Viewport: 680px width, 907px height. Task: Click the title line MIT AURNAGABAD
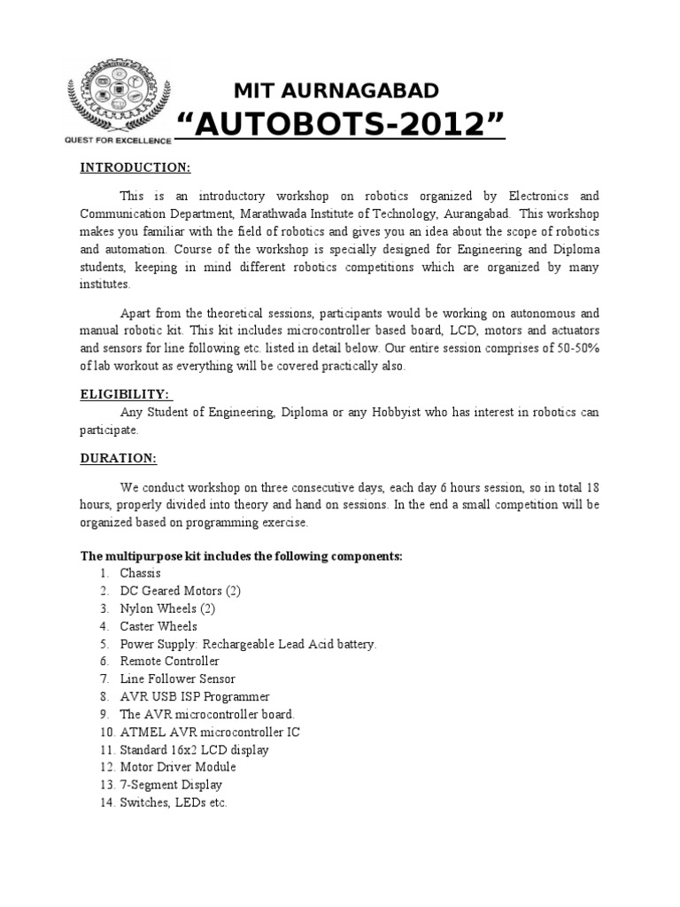point(335,89)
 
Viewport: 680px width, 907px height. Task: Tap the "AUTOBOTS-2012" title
point(342,127)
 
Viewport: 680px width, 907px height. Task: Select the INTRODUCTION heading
point(135,167)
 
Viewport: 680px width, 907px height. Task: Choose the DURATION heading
point(119,458)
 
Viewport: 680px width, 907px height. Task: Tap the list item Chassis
point(141,574)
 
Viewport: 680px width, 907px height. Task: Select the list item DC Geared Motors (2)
point(181,591)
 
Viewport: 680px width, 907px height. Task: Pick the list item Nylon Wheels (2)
point(167,609)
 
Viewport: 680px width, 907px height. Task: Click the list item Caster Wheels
point(158,626)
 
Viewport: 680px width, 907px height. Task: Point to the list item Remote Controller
point(169,661)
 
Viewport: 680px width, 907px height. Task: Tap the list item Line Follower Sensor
point(178,678)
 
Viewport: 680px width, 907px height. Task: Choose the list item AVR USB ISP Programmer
point(195,696)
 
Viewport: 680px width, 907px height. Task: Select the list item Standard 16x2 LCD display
point(195,749)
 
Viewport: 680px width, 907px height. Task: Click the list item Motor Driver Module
point(179,767)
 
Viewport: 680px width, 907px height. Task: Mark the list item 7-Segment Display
point(171,785)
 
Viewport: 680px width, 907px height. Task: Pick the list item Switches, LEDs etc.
point(174,802)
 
